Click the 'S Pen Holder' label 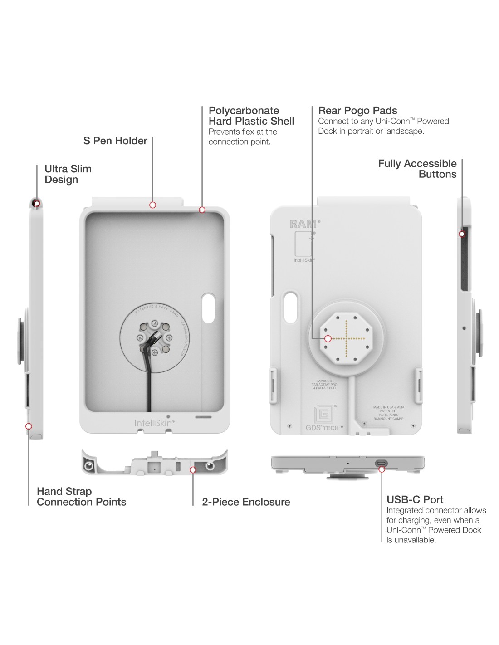115,141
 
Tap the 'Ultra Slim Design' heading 68,174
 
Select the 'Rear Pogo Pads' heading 357,111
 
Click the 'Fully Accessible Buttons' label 417,169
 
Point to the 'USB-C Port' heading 415,500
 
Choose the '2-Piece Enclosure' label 246,502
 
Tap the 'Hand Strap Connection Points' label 82,497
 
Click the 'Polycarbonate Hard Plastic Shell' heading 251,116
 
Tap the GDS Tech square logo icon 324,414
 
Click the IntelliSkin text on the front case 154,423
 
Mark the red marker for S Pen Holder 153,205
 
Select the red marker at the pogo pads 328,338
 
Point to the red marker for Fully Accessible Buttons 462,234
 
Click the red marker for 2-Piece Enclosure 193,470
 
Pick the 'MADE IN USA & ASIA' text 386,408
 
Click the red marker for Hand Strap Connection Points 29,426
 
